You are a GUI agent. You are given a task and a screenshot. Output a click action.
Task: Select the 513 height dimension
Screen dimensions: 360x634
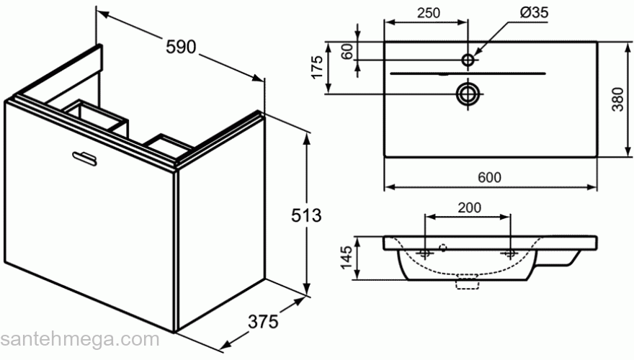pos(305,215)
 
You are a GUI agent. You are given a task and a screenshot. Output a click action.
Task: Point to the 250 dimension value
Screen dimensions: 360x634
pos(427,12)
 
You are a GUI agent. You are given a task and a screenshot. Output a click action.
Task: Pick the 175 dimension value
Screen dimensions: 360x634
pos(315,68)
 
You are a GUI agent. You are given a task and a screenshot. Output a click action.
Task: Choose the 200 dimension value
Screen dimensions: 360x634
pos(469,207)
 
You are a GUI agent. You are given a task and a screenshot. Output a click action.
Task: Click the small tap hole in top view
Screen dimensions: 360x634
pos(468,60)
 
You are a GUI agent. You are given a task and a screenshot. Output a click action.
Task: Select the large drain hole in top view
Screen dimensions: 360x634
pos(468,92)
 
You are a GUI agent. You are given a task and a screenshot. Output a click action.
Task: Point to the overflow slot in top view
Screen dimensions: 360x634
pos(468,73)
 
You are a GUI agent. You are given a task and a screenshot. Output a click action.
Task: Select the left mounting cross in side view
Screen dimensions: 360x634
pos(426,253)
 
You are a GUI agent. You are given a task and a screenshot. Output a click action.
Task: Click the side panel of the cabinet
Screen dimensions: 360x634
pos(220,230)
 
